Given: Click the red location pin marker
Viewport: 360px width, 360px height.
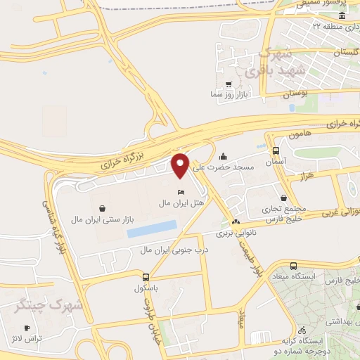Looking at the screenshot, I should tap(181, 165).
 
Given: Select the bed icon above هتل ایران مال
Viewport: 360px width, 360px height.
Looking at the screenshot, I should tap(181, 192).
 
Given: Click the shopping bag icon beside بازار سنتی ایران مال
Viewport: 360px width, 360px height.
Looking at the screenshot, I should tap(103, 208).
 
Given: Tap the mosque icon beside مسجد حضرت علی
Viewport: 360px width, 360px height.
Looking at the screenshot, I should tap(224, 157).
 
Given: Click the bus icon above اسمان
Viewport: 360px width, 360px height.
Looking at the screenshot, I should tap(275, 150).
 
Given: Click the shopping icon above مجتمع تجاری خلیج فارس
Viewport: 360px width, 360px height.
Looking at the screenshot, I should tap(283, 198).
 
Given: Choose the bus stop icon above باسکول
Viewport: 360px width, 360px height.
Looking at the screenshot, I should tap(146, 277).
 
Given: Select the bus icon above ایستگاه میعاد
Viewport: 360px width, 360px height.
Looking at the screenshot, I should tap(295, 266).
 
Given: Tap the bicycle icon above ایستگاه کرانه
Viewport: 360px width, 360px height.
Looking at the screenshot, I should tap(302, 330).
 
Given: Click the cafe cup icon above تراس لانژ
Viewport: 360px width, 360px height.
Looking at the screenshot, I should tap(27, 328).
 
